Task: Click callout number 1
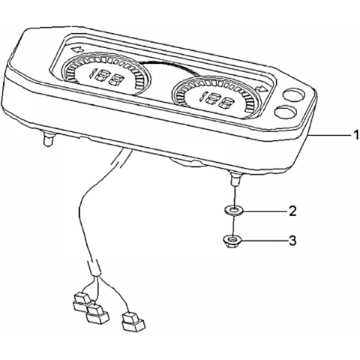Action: (x=356, y=135)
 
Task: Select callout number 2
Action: (x=292, y=211)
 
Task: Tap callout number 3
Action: (x=292, y=241)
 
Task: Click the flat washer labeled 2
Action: (x=234, y=210)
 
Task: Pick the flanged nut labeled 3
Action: (x=232, y=241)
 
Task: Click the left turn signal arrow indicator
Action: (x=77, y=49)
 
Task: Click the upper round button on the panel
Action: (x=294, y=95)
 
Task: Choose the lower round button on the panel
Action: (x=285, y=112)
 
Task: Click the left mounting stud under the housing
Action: (x=48, y=139)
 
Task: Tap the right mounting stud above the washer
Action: (x=235, y=178)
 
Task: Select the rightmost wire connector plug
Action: (x=133, y=322)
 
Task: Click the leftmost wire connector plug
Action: (x=82, y=302)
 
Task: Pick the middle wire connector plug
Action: (x=97, y=313)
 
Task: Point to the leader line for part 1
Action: (x=329, y=135)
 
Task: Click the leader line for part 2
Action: (x=265, y=211)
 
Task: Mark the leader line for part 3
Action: (x=264, y=241)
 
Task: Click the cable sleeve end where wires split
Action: (x=95, y=268)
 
